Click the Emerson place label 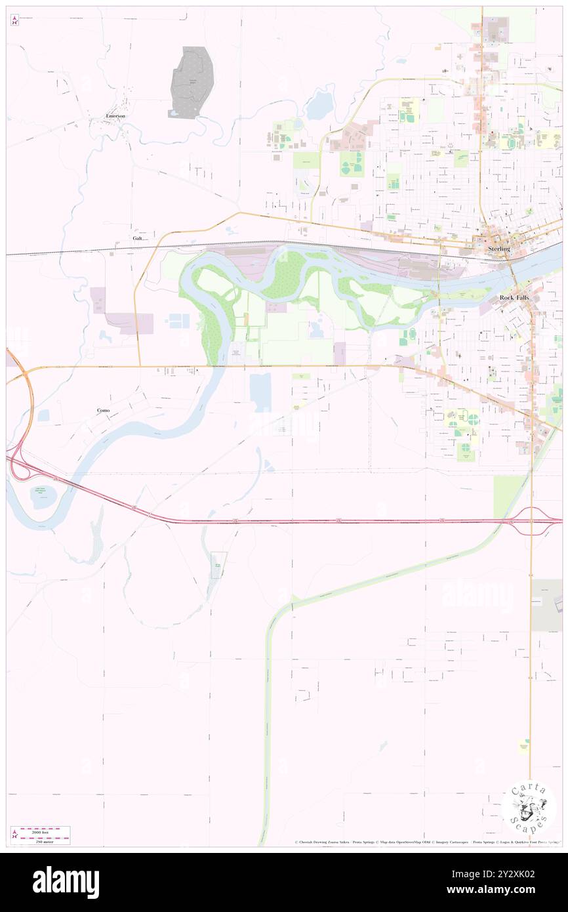click(115, 115)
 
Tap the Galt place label click(137, 238)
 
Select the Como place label click(102, 410)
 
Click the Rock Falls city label click(514, 297)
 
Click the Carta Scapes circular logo click(529, 808)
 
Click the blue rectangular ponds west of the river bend click(178, 321)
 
